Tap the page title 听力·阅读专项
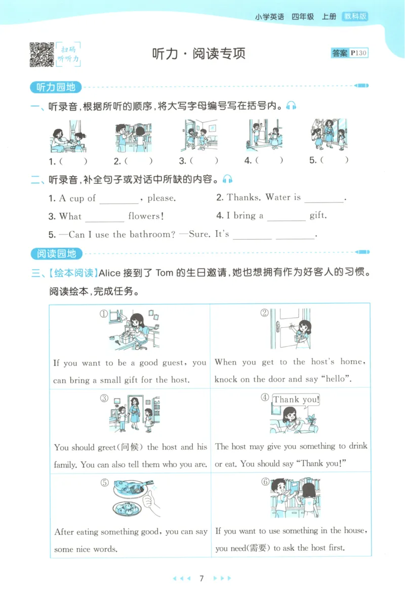coord(198,54)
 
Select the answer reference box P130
coord(349,53)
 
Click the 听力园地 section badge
coord(56,87)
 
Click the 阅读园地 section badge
coord(56,253)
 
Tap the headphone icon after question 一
coord(291,106)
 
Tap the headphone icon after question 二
coord(228,179)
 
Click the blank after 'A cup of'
coord(118,199)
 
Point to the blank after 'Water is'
coord(324,198)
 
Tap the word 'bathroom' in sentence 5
coord(149,234)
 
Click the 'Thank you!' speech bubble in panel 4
coord(296,400)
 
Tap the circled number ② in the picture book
coord(264,313)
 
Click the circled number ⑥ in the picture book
coord(265,482)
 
